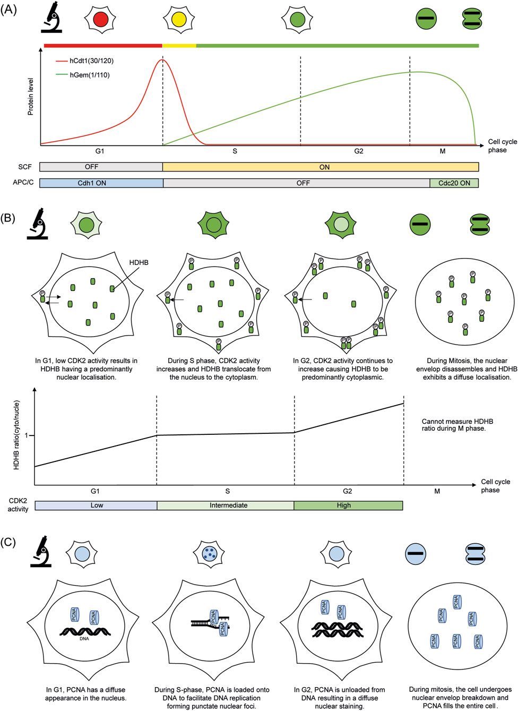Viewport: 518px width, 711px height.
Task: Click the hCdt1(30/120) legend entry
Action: tap(91, 61)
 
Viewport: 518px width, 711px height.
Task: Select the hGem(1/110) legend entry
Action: tap(89, 75)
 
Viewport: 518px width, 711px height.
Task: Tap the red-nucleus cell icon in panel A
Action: tap(101, 20)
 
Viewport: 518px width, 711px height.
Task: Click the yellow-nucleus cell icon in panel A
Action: tap(179, 20)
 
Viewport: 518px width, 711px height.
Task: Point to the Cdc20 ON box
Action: tap(454, 183)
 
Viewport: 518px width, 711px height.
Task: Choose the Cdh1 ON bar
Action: tap(101, 183)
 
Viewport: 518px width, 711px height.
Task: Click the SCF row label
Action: tap(25, 167)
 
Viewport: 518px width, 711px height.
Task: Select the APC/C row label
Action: tap(23, 183)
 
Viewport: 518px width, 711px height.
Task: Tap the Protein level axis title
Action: tap(30, 97)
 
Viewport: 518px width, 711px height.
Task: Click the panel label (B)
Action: tap(9, 218)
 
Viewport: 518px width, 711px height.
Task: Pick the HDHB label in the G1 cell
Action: tap(139, 262)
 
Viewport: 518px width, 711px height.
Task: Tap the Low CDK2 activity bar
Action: tap(96, 506)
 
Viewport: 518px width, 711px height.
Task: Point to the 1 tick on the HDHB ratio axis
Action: tap(27, 435)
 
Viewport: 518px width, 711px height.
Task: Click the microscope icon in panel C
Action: tap(41, 552)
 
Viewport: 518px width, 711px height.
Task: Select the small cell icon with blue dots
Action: tap(210, 553)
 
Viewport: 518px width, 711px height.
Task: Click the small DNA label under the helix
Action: tap(84, 639)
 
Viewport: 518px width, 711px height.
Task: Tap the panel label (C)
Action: tap(8, 542)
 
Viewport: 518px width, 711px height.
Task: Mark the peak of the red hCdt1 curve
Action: tap(162, 59)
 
